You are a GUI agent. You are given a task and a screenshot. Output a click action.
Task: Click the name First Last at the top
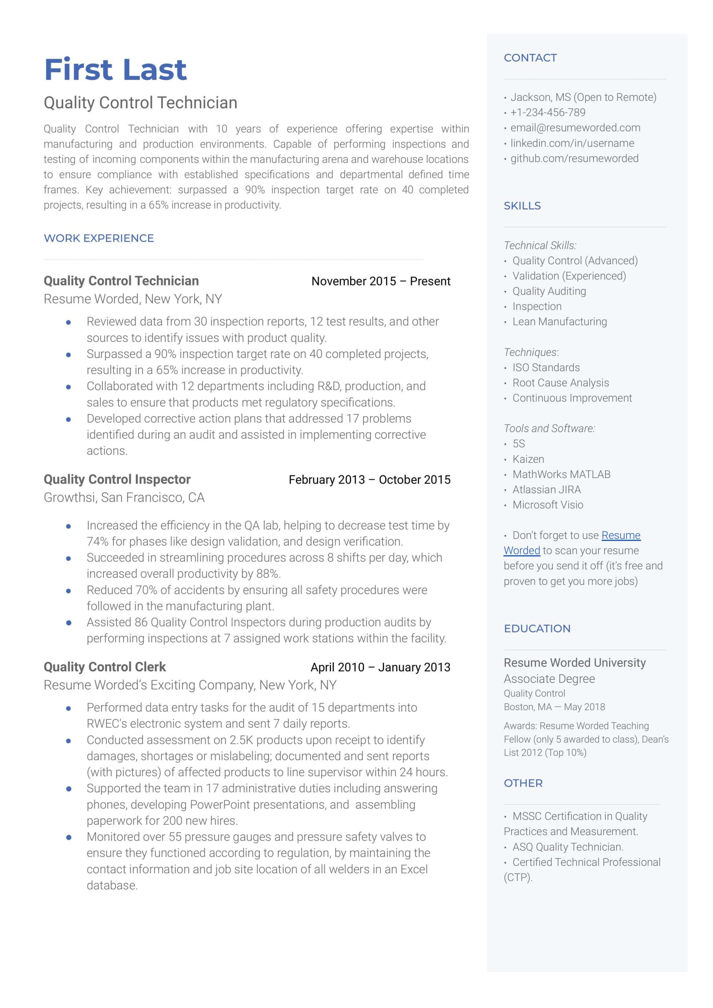tap(115, 69)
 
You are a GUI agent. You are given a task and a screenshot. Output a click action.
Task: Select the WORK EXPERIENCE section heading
tap(99, 238)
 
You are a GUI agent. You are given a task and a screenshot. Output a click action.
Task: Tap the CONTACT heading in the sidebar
tap(530, 57)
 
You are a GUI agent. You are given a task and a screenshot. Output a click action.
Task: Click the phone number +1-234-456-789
tap(547, 113)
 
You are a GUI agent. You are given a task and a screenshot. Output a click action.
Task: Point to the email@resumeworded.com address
tap(575, 128)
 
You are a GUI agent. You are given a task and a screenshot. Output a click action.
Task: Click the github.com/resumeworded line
tap(574, 159)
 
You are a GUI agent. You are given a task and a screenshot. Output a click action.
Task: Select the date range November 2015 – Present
tap(381, 281)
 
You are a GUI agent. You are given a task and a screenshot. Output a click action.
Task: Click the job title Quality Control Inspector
tap(117, 479)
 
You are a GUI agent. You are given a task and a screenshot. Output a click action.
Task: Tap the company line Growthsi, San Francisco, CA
tap(124, 498)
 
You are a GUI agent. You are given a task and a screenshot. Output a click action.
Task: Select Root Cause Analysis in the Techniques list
tap(560, 383)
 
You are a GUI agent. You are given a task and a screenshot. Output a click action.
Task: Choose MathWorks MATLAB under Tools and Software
tap(561, 474)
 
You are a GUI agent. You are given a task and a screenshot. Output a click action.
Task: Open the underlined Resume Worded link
tap(621, 535)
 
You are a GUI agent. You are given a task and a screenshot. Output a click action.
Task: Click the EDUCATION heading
tap(537, 628)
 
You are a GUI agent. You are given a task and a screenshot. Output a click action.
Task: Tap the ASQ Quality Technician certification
tap(568, 847)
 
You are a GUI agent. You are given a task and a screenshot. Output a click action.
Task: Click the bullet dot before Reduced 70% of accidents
tap(68, 591)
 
